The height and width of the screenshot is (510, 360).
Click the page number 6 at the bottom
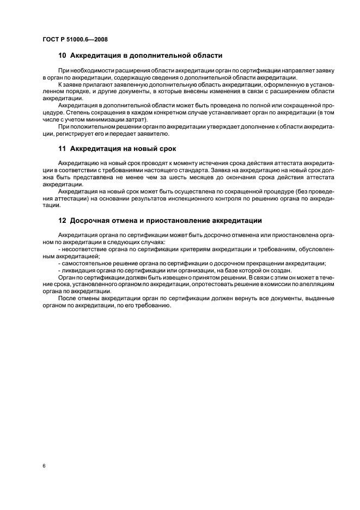tap(43, 467)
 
